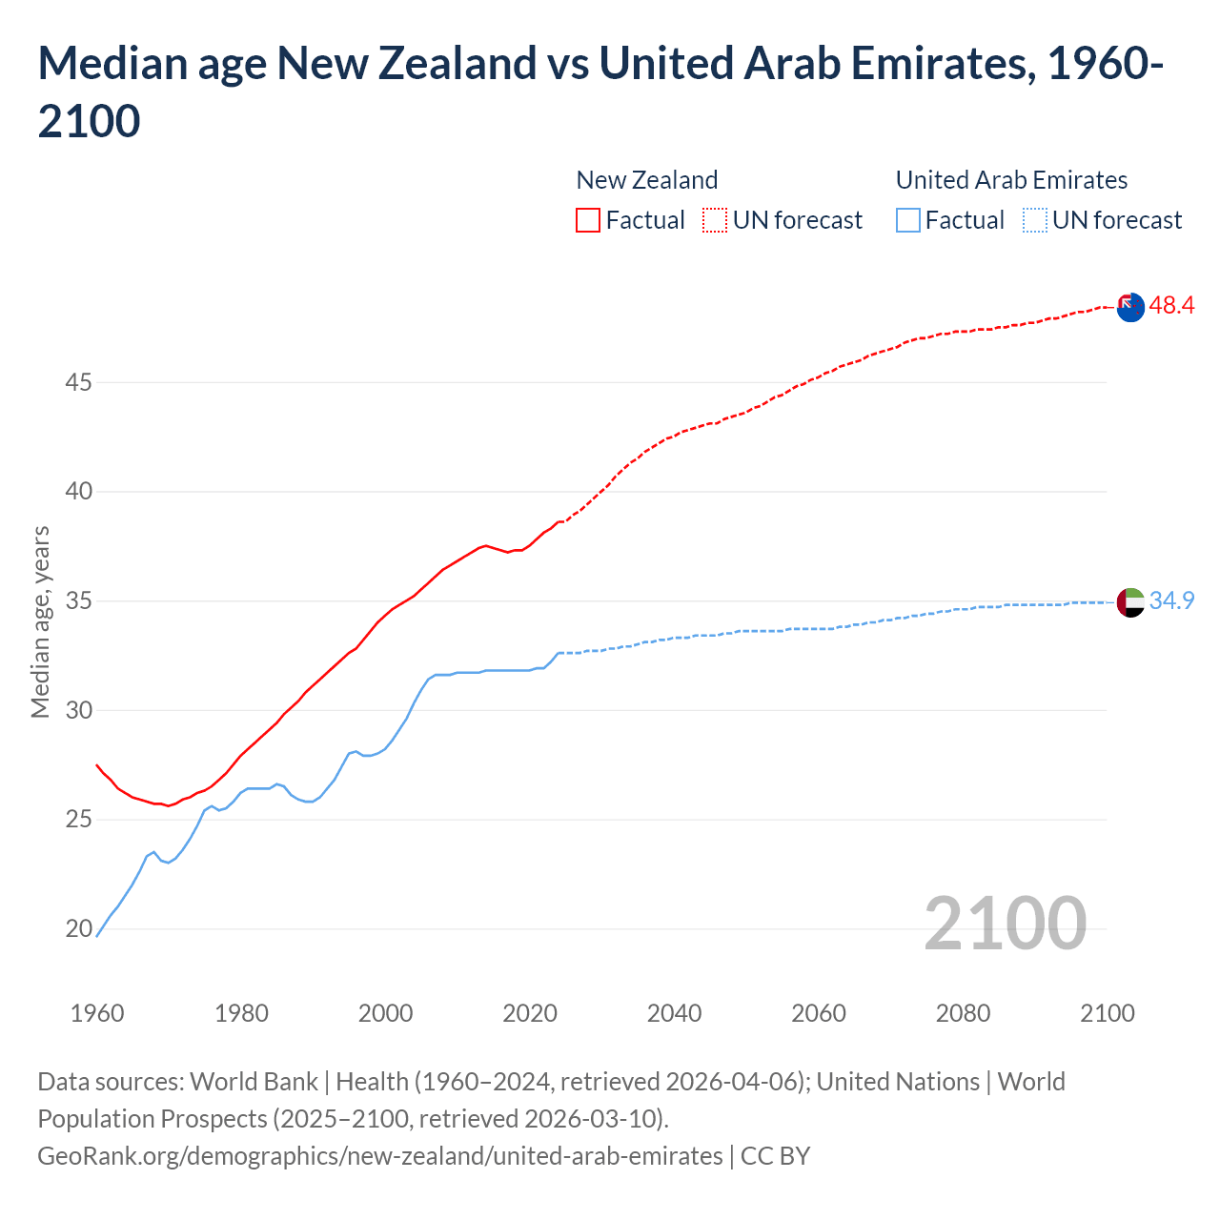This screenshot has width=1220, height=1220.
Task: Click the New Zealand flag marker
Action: (x=1129, y=307)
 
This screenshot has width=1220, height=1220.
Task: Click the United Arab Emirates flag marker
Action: (x=1129, y=602)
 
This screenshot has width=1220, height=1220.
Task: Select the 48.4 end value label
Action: (x=1171, y=306)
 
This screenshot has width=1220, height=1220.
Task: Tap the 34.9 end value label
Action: (x=1171, y=601)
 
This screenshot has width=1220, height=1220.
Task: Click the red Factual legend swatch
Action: (x=588, y=220)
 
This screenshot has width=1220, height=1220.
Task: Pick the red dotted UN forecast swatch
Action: (x=715, y=220)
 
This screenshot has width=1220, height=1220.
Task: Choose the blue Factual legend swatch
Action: (x=908, y=220)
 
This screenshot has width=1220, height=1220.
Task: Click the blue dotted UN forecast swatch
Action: (x=1034, y=220)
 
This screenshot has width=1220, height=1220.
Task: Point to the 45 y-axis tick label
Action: (x=79, y=383)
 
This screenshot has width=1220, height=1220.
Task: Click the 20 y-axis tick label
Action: (x=79, y=929)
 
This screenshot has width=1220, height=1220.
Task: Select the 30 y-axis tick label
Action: (x=79, y=711)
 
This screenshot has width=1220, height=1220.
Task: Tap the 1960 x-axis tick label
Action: (x=97, y=1013)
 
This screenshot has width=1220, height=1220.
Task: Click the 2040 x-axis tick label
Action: (x=674, y=1013)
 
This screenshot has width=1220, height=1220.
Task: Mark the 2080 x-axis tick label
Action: (x=963, y=1013)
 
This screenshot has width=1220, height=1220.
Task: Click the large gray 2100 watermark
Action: (x=1005, y=924)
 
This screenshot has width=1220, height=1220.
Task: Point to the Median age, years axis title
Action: (x=40, y=621)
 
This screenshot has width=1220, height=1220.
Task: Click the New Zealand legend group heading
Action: (x=646, y=180)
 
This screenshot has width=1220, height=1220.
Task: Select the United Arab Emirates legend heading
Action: (x=1011, y=180)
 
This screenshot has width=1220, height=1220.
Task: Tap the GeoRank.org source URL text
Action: (x=379, y=1156)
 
